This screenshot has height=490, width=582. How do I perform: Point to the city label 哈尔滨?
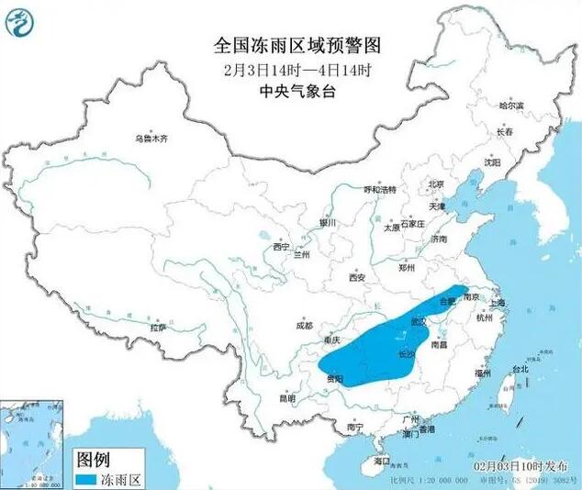[x=513, y=106]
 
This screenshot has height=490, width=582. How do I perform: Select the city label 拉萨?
[x=158, y=328]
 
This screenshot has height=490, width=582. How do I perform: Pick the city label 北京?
[x=436, y=184]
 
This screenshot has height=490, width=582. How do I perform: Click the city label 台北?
[x=519, y=371]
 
